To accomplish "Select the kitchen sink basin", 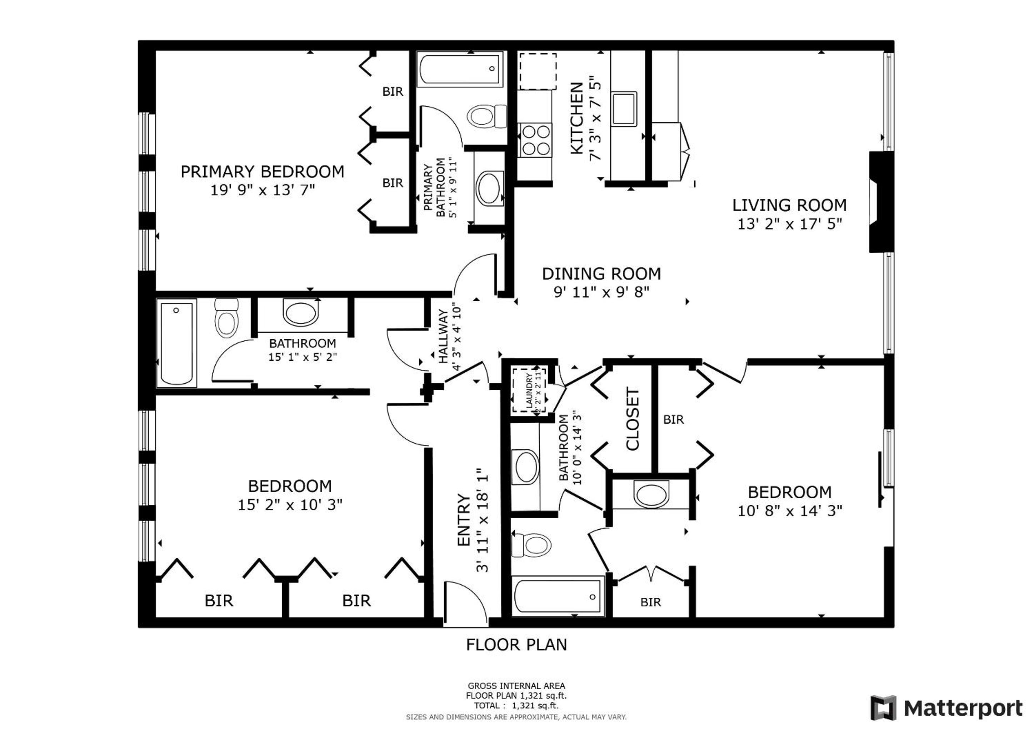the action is coord(624,109).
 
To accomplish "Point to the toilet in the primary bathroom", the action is coord(487,116).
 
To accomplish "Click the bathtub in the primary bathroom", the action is coord(460,69).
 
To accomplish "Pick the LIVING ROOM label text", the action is coord(789,205).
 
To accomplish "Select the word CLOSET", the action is coord(633,419).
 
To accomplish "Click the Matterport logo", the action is coord(946,708).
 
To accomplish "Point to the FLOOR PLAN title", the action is coord(516,645).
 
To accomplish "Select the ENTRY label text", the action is coord(463,520).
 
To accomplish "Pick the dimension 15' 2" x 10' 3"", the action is coord(290,505).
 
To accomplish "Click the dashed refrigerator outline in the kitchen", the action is coord(538,72).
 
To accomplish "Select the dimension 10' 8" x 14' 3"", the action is coord(789,511).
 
